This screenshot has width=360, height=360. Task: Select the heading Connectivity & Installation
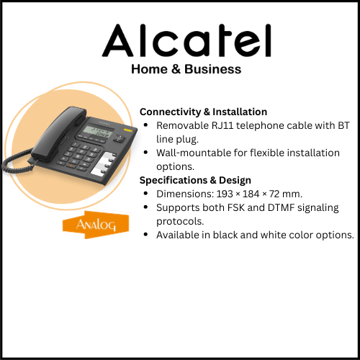click(203, 112)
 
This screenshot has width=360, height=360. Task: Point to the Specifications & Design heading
click(196, 180)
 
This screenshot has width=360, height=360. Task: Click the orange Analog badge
click(90, 225)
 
